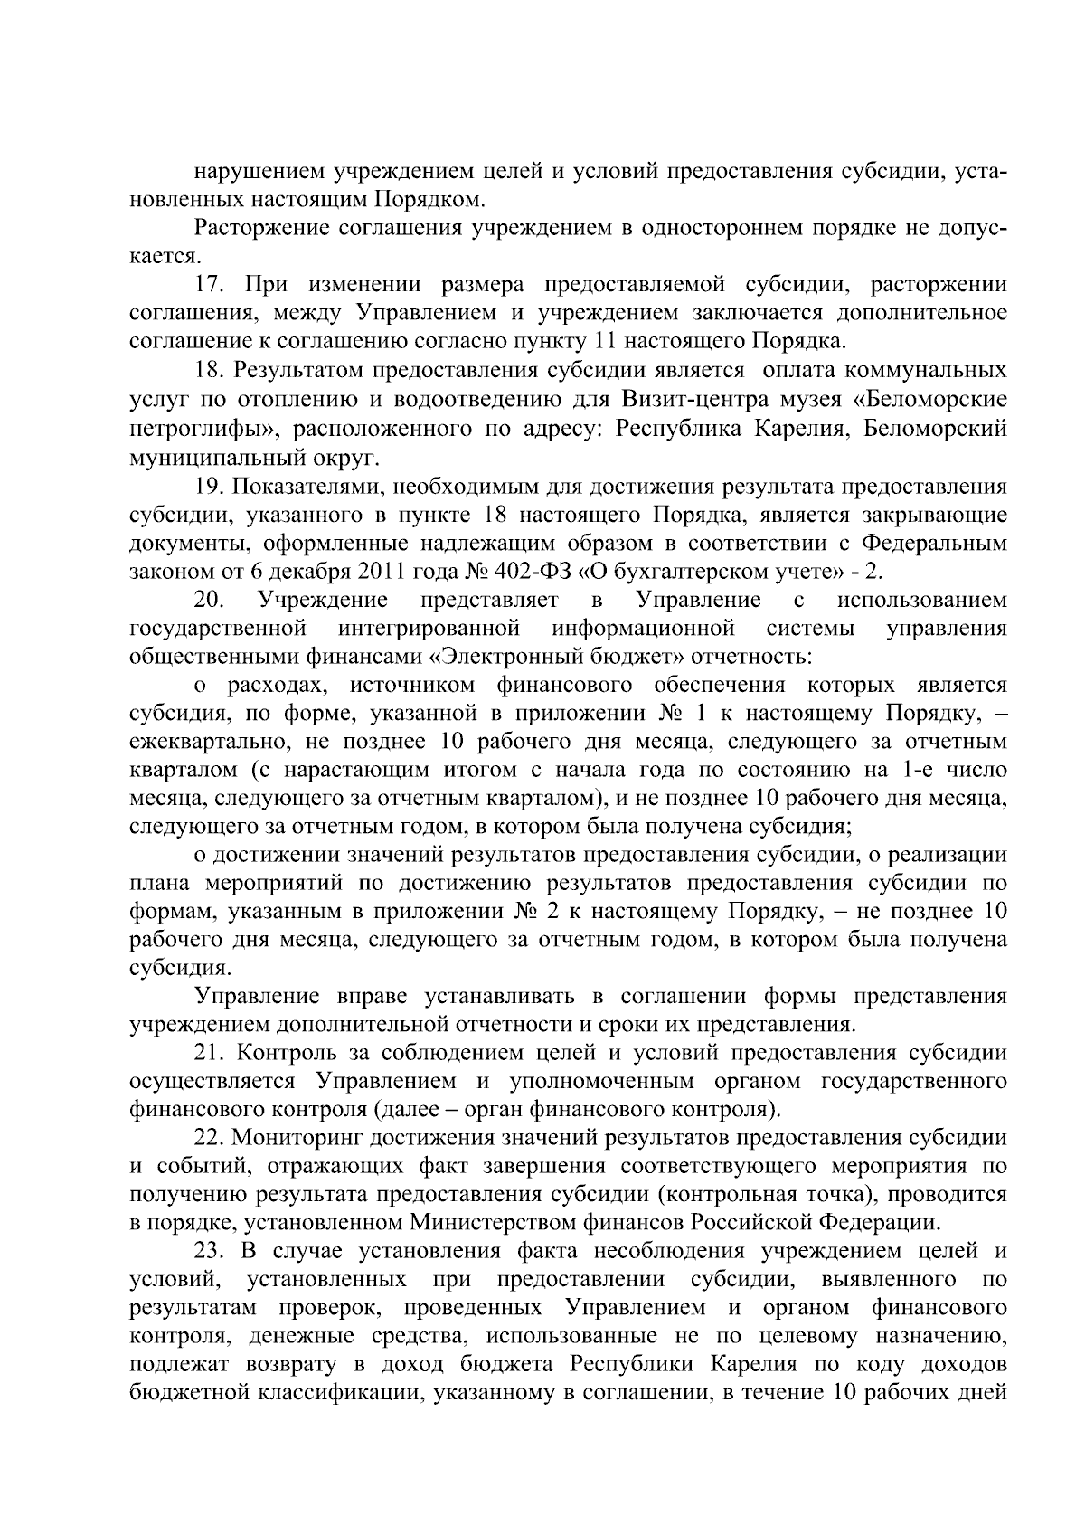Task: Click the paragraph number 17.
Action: point(211,285)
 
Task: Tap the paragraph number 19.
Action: point(211,488)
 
